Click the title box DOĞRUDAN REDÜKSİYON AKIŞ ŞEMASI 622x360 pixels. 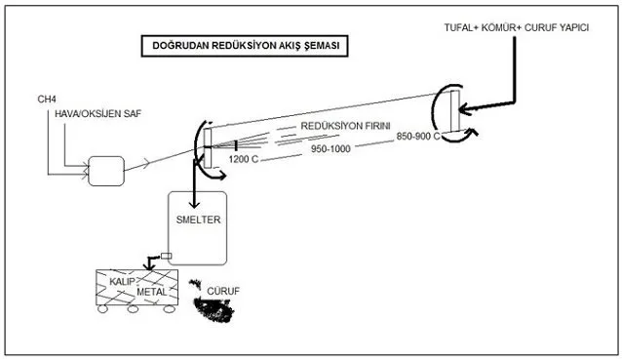pos(245,46)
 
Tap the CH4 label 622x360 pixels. pos(47,99)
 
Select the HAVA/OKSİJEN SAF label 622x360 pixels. pos(98,114)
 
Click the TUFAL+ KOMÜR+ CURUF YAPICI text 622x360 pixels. pos(516,27)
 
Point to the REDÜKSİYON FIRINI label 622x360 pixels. pos(345,126)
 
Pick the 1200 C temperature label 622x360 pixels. pos(243,159)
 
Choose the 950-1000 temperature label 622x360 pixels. pos(330,149)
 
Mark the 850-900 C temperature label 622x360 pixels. pos(418,137)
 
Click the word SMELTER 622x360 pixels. pos(198,220)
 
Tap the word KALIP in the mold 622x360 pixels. pos(123,282)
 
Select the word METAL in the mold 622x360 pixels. pos(152,292)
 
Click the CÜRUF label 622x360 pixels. pos(223,291)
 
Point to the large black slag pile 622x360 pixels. pos(214,307)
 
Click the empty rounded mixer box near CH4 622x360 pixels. pos(106,171)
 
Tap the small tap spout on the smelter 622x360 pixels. pos(166,256)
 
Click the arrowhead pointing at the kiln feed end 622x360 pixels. pos(466,108)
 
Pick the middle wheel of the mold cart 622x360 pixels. pos(133,309)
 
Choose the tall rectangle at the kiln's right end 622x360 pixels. pos(455,111)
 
